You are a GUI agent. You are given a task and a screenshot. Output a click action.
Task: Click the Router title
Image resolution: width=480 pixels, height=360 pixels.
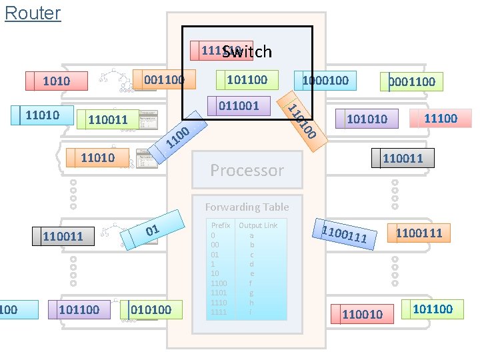point(32,13)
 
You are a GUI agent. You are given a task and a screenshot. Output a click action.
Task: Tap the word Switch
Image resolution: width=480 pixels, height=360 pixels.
point(247,51)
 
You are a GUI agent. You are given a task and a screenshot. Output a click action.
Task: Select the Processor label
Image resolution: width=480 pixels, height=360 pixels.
point(247,170)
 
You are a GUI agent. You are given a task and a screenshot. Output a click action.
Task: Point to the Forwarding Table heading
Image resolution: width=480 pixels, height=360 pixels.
point(247,207)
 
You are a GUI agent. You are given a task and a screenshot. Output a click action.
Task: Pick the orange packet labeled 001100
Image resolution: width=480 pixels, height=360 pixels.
point(164,79)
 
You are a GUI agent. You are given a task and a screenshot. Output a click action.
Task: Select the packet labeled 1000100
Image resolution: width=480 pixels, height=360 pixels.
point(325,80)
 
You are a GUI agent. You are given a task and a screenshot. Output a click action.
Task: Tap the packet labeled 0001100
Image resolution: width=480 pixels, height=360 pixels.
point(411,81)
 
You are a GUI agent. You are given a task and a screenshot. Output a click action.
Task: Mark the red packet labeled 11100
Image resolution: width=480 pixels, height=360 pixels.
point(440,118)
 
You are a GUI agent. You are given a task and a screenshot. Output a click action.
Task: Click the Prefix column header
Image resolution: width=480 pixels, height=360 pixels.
point(220,225)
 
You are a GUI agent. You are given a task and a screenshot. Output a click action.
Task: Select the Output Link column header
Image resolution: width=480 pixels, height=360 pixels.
point(258,225)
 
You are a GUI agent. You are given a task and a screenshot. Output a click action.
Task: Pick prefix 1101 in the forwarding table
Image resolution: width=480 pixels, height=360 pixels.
point(219,293)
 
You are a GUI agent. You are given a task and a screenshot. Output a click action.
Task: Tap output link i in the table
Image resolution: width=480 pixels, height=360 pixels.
point(251,312)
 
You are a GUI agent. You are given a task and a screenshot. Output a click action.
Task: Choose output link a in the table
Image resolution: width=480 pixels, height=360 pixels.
point(251,235)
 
